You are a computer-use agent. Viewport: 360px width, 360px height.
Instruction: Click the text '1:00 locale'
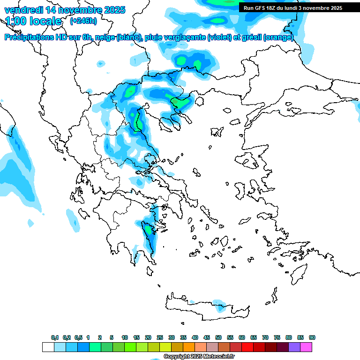tap(33, 21)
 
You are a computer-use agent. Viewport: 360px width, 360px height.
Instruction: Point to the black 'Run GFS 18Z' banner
tap(293, 8)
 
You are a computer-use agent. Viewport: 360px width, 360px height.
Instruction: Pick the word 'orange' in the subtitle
tap(279, 37)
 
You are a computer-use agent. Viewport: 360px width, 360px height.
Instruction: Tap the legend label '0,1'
tap(54, 337)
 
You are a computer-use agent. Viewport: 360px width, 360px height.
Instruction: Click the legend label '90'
tap(312, 337)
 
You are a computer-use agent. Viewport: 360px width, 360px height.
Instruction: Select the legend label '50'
tap(218, 337)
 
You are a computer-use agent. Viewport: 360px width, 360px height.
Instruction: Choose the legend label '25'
tap(160, 337)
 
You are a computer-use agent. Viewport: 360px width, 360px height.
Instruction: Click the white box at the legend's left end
tap(48, 347)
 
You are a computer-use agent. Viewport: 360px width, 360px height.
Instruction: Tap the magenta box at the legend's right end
tap(306, 347)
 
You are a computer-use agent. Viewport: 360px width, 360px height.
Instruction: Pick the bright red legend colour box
tap(247, 347)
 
